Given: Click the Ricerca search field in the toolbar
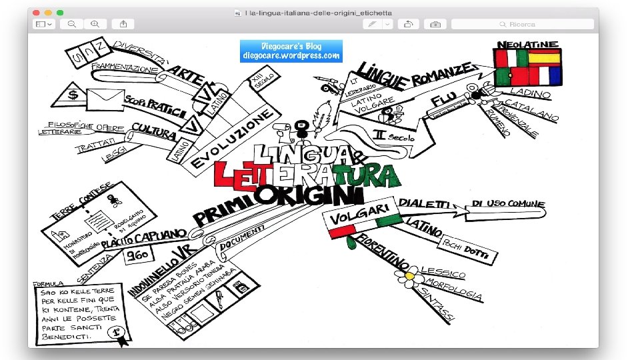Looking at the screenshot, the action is point(522,24).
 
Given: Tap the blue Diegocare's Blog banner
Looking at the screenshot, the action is point(291,51).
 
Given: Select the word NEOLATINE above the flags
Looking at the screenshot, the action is point(527,44).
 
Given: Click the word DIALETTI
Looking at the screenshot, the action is point(424,203).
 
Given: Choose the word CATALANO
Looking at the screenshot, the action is point(531,110).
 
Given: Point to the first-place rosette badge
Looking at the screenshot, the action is point(118,331).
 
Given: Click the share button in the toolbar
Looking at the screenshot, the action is point(123,24).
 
